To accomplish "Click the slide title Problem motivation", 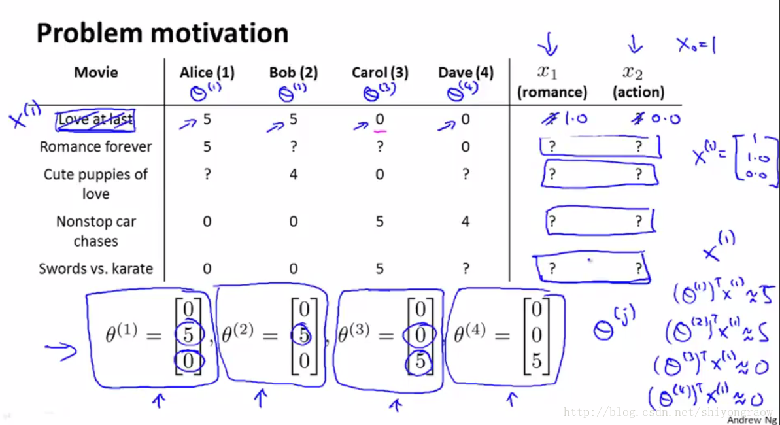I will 162,33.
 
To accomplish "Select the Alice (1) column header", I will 207,73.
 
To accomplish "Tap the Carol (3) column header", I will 379,73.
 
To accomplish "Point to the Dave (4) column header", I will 466,73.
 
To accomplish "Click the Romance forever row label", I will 95,146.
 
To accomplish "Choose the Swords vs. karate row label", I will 95,269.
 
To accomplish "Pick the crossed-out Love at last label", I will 95,119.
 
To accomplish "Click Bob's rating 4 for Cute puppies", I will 293,175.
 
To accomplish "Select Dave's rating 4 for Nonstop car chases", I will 465,222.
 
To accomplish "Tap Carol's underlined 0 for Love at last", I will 380,120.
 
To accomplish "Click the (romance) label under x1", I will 552,92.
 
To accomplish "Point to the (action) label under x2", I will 638,92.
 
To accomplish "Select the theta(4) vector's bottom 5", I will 536,361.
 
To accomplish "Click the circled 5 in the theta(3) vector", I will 420,362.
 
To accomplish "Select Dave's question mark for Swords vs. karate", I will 465,269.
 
